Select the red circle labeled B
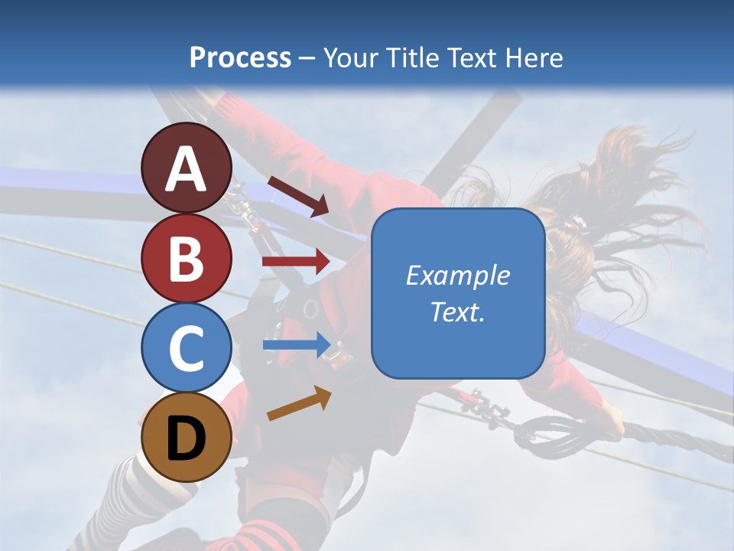[187, 257]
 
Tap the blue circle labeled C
[187, 347]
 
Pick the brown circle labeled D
[187, 437]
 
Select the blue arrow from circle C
[297, 345]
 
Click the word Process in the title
[240, 57]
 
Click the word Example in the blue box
[457, 276]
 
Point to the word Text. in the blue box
[457, 311]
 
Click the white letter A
[187, 170]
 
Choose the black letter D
[187, 439]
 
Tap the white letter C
[187, 348]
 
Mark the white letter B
[187, 259]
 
